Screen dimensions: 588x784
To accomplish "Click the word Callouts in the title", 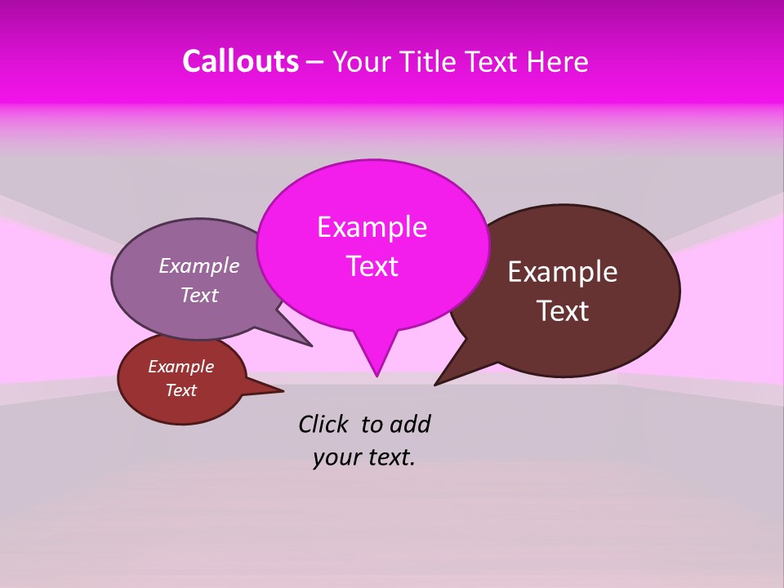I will (240, 61).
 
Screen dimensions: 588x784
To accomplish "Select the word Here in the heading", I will (558, 61).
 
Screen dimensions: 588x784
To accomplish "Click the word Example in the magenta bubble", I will (372, 227).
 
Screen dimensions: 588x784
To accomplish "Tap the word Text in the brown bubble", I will (563, 311).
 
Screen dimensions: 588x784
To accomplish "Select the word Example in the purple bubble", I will (199, 266).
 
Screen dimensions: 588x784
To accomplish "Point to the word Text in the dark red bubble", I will (181, 390).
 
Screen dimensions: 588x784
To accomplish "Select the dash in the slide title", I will (316, 62).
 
